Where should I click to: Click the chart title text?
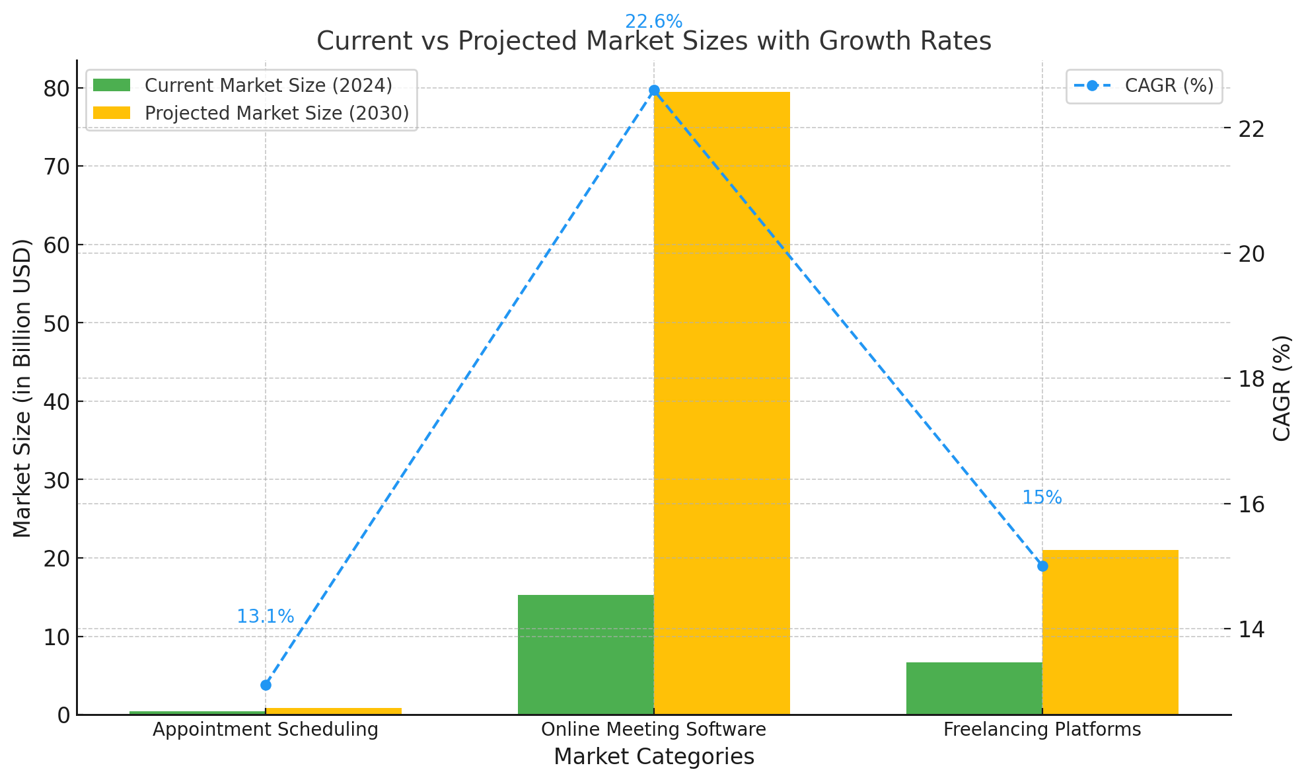(653, 42)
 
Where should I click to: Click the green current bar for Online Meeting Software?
(585, 654)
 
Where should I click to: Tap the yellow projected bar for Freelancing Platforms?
(1110, 632)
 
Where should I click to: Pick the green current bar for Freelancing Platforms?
(974, 688)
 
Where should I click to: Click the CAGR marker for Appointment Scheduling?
(266, 685)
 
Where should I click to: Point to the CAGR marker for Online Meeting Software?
(654, 91)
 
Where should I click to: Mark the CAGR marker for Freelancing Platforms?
(1042, 566)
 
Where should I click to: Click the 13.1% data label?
(265, 617)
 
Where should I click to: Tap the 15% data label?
(1042, 498)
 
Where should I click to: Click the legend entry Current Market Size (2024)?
(268, 86)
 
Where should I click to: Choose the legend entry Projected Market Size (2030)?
(277, 113)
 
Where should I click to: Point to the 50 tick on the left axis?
(57, 323)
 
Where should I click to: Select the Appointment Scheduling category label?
(266, 730)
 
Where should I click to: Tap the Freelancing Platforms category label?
(1042, 730)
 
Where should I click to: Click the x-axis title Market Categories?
(653, 757)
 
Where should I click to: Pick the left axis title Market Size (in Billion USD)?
(22, 388)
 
